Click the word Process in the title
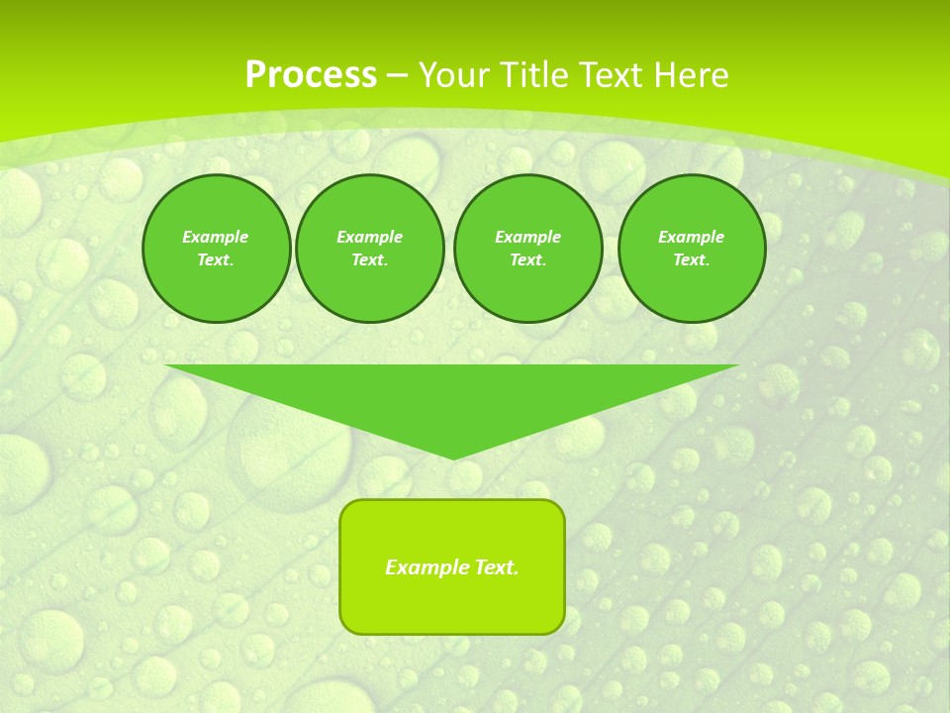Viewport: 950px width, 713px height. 311,75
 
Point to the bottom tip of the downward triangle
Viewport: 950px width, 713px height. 453,458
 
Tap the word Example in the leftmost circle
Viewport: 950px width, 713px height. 216,237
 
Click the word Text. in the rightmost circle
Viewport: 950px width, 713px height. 692,260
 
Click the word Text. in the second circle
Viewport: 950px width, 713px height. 369,260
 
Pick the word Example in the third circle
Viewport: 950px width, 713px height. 527,237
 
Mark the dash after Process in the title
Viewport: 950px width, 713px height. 397,75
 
